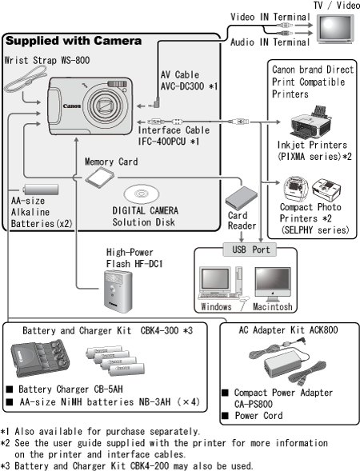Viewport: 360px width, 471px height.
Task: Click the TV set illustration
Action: (x=335, y=29)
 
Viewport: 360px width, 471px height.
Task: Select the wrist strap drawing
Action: (x=26, y=79)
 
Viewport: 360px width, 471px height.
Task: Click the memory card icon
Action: (x=99, y=178)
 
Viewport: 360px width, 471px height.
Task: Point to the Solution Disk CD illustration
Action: (x=142, y=194)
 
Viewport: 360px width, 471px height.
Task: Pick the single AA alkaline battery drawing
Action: (x=41, y=190)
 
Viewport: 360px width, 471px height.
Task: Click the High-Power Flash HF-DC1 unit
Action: (x=118, y=291)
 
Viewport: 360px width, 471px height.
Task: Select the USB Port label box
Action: (x=250, y=249)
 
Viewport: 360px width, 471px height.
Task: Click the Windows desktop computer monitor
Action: (x=215, y=280)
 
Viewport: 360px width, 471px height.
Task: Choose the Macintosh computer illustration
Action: (x=273, y=284)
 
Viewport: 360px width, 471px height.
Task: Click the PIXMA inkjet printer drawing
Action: (x=311, y=122)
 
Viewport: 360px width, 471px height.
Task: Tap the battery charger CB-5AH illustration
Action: (x=40, y=357)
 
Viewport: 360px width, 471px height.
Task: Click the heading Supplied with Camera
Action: (x=74, y=41)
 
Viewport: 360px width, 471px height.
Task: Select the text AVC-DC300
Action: (x=182, y=86)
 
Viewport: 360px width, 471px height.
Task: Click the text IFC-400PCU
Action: (x=162, y=142)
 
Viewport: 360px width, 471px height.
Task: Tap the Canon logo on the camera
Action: (x=72, y=106)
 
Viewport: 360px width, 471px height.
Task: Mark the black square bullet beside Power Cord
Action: (x=225, y=416)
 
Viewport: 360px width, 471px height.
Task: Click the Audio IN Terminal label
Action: (x=270, y=42)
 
